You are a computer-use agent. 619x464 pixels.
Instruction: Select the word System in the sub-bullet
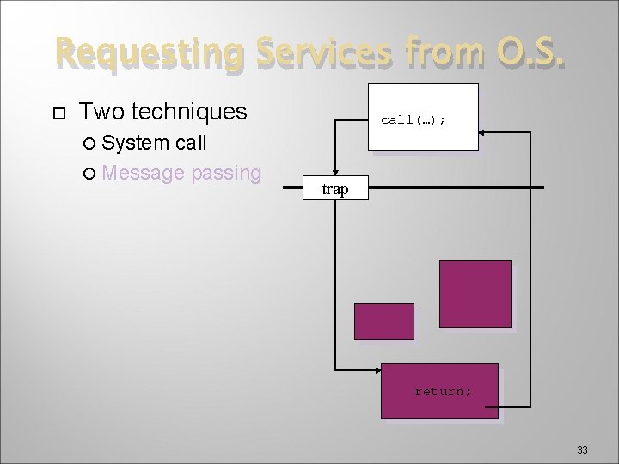137,142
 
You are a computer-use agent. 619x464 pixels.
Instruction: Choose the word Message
144,173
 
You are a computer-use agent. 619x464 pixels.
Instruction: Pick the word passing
226,174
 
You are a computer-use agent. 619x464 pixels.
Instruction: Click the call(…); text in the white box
413,120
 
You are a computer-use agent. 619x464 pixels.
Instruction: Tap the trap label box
335,189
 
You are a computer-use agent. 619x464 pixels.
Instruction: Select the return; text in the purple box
443,392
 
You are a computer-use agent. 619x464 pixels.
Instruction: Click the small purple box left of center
384,321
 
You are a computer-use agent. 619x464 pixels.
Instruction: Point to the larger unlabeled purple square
475,295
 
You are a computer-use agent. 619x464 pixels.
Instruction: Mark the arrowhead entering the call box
484,132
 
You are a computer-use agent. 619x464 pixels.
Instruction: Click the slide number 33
582,449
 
